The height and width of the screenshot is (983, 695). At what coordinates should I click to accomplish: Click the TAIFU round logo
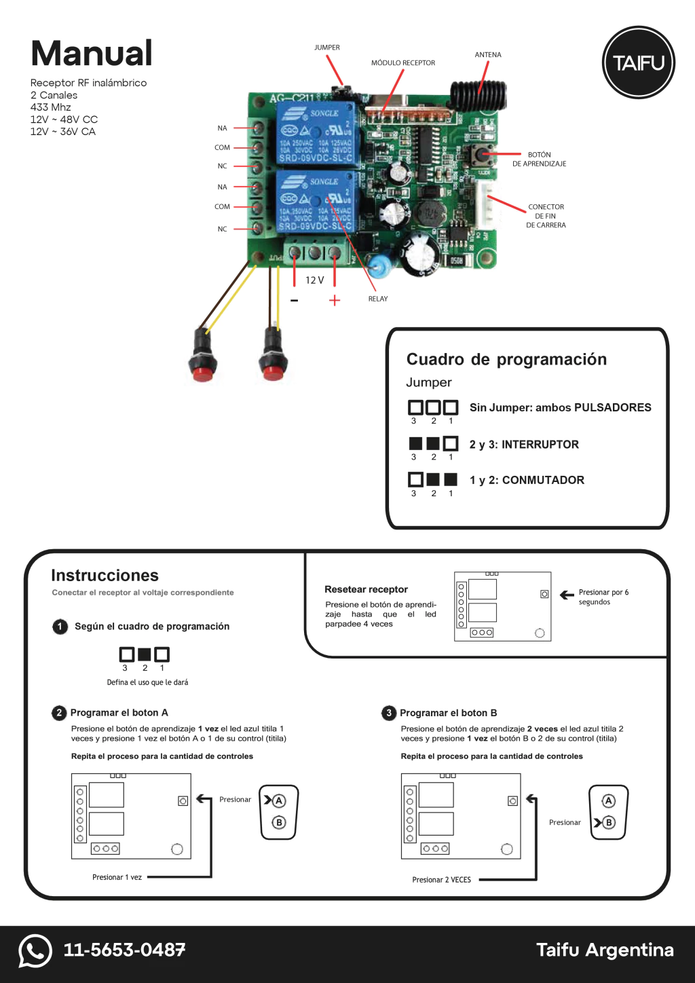coord(639,62)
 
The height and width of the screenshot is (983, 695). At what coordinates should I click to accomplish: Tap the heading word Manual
coord(92,54)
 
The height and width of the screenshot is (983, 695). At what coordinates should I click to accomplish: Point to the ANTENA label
coord(488,55)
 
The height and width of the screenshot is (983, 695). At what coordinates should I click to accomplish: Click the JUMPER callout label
coord(327,48)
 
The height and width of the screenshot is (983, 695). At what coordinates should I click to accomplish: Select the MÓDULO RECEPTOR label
coord(403,63)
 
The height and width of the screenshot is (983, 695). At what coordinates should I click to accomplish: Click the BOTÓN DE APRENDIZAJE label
coord(540,160)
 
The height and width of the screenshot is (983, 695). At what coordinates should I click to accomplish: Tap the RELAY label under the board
coord(378,299)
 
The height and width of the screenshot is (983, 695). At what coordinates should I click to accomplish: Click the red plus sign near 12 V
coord(335,300)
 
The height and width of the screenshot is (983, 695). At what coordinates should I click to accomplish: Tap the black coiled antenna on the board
coord(478,93)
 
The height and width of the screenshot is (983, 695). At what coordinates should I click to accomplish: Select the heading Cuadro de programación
coord(506,359)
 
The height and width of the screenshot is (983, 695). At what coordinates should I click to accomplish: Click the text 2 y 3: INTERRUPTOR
coord(524,445)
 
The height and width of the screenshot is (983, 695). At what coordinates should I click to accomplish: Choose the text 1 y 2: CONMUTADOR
coord(527,480)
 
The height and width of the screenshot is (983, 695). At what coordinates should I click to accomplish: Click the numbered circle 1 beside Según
coord(60,627)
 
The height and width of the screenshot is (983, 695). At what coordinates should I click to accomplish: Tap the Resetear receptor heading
coord(367,589)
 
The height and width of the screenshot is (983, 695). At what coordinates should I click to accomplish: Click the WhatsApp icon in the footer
coord(35,950)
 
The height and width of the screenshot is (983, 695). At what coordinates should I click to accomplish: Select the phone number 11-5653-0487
coord(124,950)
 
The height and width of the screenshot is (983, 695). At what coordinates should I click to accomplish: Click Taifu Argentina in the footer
coord(605,950)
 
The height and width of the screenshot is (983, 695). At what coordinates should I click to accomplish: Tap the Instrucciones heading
coord(105,576)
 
